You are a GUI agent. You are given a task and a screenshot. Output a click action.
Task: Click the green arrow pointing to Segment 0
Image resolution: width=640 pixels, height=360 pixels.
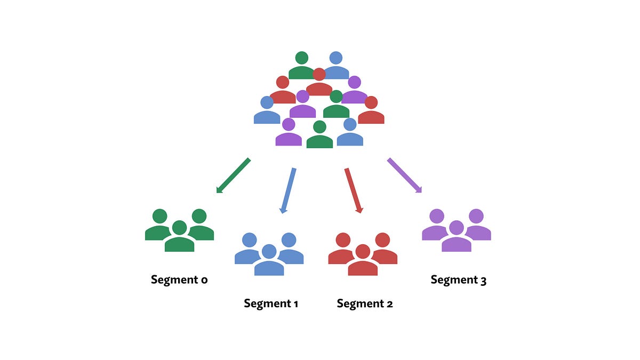234,175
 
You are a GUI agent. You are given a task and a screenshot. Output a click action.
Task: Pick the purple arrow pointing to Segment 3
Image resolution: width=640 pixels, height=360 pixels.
404,175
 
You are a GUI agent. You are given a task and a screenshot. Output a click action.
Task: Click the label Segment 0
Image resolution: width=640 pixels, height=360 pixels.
179,280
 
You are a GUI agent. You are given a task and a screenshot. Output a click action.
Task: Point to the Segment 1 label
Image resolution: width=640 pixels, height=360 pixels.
270,304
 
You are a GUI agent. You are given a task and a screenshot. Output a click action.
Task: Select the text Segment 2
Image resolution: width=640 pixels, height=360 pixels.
365,304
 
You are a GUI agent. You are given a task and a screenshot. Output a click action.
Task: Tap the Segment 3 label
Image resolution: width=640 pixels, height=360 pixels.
458,280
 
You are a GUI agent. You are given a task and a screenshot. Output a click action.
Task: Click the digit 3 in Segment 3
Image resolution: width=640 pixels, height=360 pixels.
483,281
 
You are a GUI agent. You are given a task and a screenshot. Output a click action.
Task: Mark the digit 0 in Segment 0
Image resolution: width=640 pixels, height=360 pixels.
204,281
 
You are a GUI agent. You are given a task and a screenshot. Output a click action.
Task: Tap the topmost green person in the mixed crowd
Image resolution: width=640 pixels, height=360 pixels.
302,66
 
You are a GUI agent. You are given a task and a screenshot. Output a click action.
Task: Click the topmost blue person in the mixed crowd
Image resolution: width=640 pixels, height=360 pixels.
335,66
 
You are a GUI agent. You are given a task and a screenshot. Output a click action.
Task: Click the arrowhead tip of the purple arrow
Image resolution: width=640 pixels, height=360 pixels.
421,192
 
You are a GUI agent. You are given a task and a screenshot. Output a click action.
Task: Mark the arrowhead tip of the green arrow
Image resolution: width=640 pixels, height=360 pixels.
217,192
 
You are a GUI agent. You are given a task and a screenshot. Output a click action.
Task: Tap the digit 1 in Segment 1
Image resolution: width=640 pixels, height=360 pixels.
295,304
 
